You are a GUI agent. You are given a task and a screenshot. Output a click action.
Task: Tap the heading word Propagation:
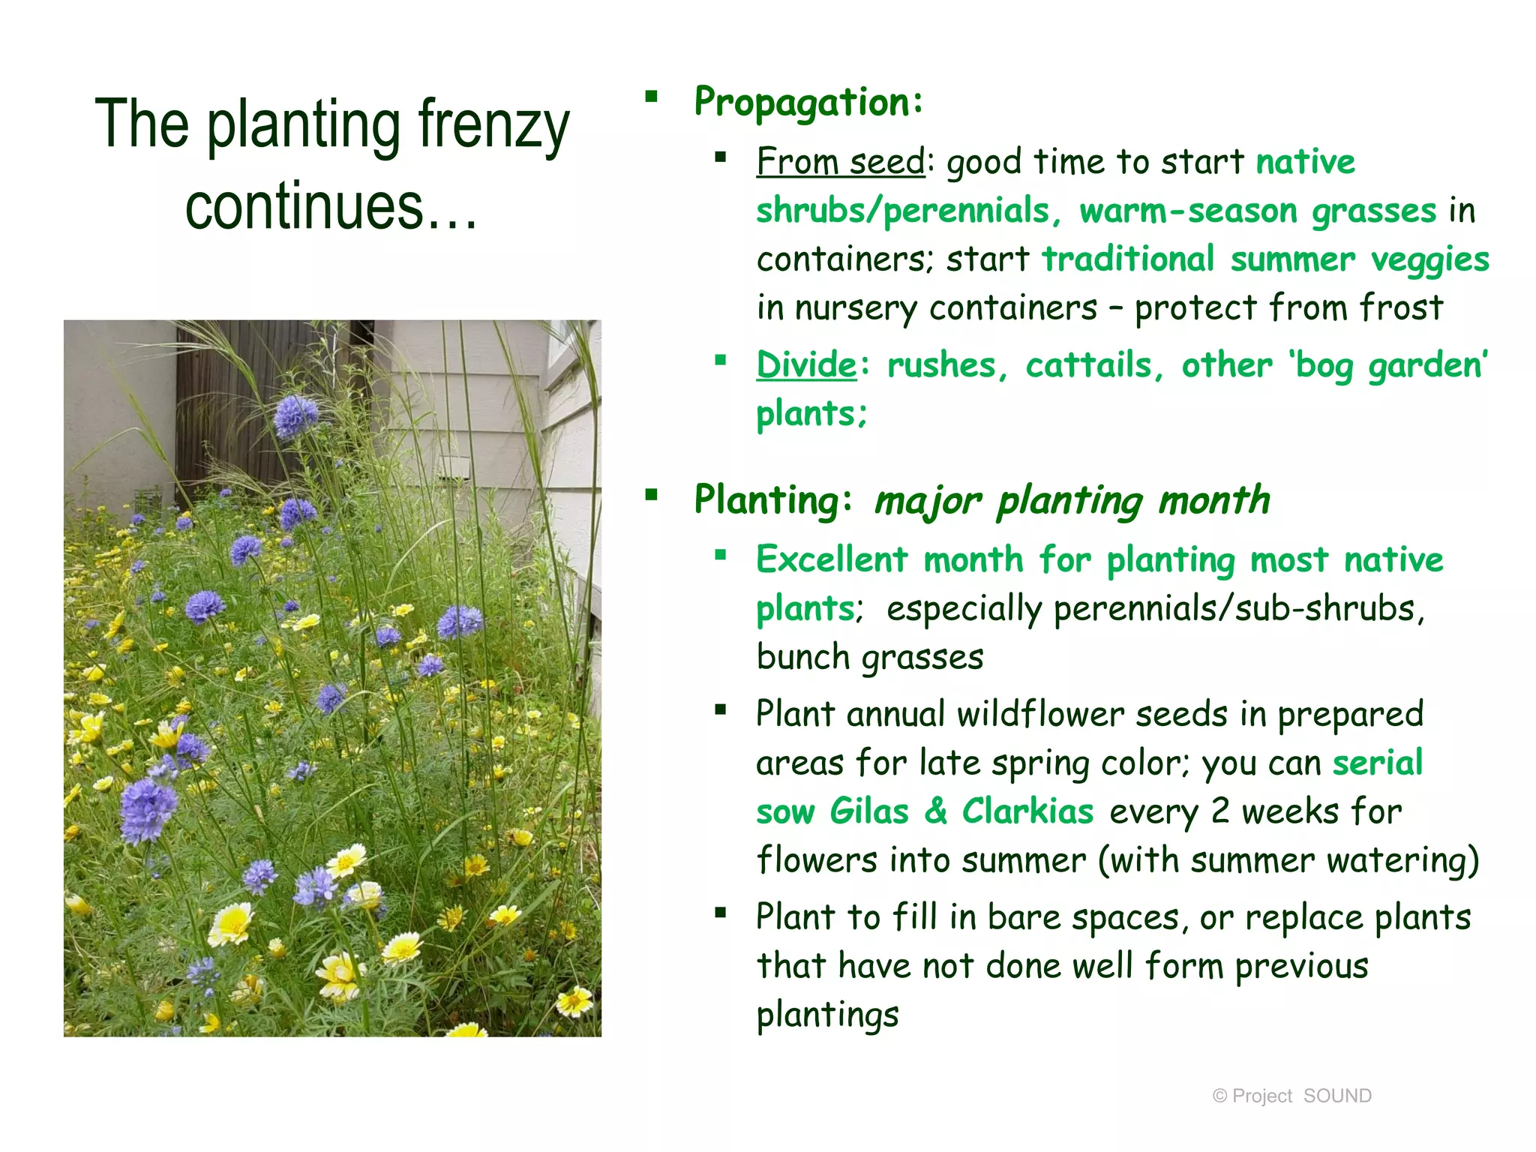click(808, 102)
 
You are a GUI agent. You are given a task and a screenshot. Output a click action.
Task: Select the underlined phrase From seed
click(840, 161)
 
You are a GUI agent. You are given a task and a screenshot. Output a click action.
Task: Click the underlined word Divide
click(805, 365)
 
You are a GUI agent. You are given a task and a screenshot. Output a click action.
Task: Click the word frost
click(1400, 307)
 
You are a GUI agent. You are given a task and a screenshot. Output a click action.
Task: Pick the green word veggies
click(1429, 260)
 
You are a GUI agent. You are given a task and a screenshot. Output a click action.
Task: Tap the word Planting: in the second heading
click(772, 499)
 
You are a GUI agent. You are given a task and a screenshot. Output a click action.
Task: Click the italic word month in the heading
click(1213, 500)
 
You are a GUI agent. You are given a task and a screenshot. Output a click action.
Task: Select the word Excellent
click(832, 559)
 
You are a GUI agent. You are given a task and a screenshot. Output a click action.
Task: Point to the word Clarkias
click(1027, 811)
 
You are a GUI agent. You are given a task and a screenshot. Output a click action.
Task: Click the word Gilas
click(868, 811)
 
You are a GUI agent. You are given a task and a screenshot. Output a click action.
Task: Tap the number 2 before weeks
click(1219, 811)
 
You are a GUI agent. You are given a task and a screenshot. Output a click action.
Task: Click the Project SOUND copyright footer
click(1291, 1096)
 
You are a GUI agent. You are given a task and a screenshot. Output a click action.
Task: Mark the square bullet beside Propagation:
click(651, 97)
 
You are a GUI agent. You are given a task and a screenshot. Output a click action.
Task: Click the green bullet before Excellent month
click(721, 555)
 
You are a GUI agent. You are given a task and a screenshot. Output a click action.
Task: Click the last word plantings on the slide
click(826, 1015)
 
